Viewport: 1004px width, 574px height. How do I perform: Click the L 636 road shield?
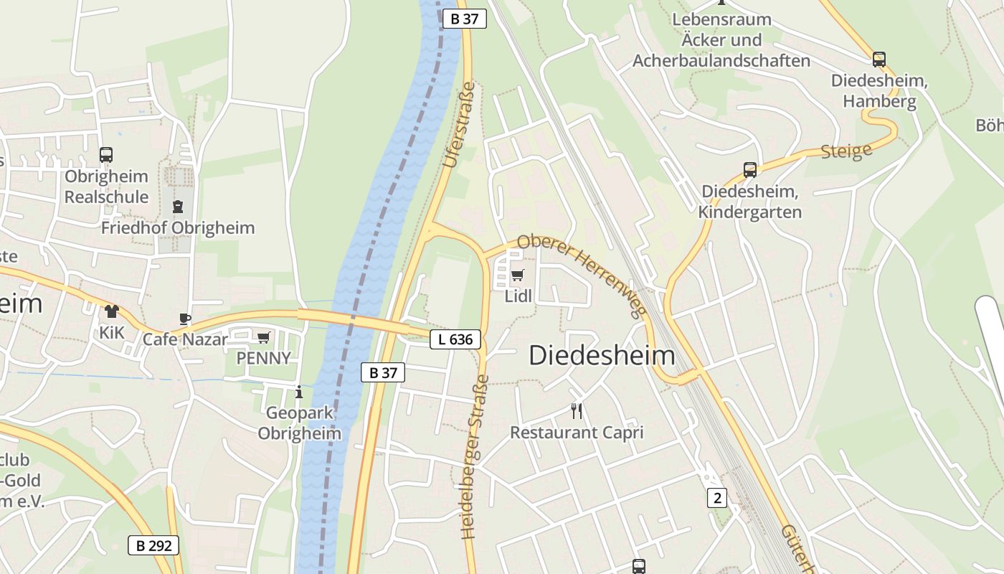pyautogui.click(x=455, y=339)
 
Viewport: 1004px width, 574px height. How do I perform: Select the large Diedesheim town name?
pyautogui.click(x=602, y=356)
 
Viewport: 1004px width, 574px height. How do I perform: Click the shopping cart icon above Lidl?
pyautogui.click(x=518, y=275)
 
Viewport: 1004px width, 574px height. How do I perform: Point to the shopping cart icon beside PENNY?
pyautogui.click(x=264, y=337)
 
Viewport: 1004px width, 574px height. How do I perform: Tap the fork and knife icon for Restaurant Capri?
pyautogui.click(x=576, y=410)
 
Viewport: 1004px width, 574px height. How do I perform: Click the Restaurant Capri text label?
pyautogui.click(x=577, y=433)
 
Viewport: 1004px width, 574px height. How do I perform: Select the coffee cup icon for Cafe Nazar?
pyautogui.click(x=185, y=319)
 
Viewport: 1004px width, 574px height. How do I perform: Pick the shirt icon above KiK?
pyautogui.click(x=111, y=311)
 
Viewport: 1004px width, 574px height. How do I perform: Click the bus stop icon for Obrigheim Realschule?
pyautogui.click(x=106, y=154)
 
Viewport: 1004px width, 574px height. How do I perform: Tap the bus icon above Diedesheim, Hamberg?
pyautogui.click(x=879, y=60)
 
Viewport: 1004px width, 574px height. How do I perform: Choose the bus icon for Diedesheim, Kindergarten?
pyautogui.click(x=750, y=170)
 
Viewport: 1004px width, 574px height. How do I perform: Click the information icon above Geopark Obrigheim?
pyautogui.click(x=299, y=392)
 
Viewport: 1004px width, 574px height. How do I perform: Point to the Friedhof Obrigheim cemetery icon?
pyautogui.click(x=177, y=207)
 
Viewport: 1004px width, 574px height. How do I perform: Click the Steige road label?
pyautogui.click(x=846, y=151)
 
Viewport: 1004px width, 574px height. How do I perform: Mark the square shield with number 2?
pyautogui.click(x=716, y=497)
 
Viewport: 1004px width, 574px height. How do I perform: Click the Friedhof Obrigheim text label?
pyautogui.click(x=178, y=228)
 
